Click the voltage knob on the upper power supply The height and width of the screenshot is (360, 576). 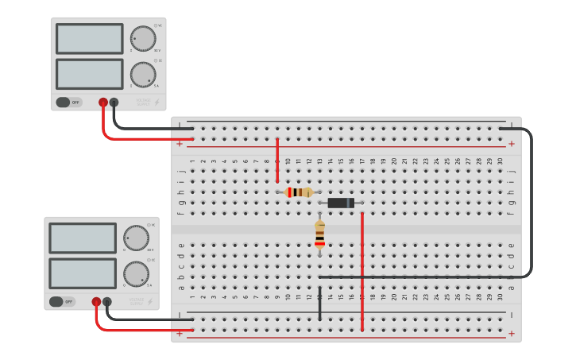[143, 38]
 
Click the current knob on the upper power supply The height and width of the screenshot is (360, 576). [143, 74]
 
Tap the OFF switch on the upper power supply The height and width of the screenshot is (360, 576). [68, 102]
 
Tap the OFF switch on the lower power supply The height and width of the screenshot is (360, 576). [61, 301]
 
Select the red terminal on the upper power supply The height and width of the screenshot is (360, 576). [102, 102]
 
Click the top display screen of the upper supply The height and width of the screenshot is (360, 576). [90, 38]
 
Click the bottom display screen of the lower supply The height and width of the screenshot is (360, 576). [83, 273]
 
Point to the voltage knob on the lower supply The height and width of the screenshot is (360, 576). [136, 238]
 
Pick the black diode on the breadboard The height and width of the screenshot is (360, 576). [341, 203]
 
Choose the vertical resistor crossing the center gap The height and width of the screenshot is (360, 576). [319, 235]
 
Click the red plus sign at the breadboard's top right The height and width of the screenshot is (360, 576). [511, 144]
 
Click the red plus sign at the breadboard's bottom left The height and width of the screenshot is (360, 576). [180, 334]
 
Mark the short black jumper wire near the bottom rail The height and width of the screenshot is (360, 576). [319, 307]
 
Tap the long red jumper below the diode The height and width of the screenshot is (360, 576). [362, 270]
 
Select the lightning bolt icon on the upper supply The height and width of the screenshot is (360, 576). [157, 102]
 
